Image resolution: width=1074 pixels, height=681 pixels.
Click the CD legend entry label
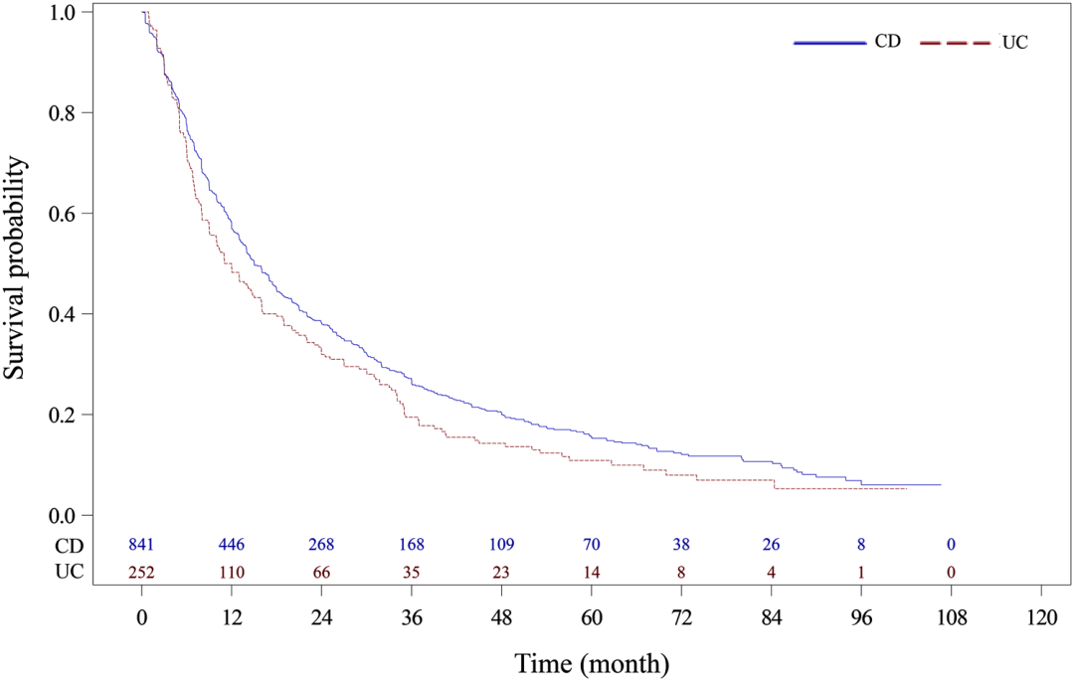coord(887,41)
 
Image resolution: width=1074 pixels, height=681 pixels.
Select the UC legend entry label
coord(1014,43)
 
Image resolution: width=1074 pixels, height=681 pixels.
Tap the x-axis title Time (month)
coord(592,663)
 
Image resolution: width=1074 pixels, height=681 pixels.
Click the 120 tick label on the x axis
coord(1041,618)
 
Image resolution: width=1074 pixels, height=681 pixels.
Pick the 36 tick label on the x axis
coord(412,618)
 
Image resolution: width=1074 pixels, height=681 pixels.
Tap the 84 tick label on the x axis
coord(772,618)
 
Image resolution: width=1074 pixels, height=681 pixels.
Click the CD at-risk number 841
coord(142,545)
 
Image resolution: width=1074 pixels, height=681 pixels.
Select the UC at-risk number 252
coord(142,573)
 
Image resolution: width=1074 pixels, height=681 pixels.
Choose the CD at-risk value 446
coord(232,545)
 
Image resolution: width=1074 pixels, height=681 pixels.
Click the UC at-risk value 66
coord(321,573)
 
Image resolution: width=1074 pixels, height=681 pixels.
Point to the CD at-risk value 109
coord(501,545)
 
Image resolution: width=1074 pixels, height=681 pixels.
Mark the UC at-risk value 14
coord(591,573)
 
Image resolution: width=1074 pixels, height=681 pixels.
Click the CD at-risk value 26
coord(772,545)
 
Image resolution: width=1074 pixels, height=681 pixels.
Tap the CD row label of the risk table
coord(70,546)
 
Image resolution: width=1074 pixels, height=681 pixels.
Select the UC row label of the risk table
coord(70,572)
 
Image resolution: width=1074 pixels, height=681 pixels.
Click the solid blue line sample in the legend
coord(830,43)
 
